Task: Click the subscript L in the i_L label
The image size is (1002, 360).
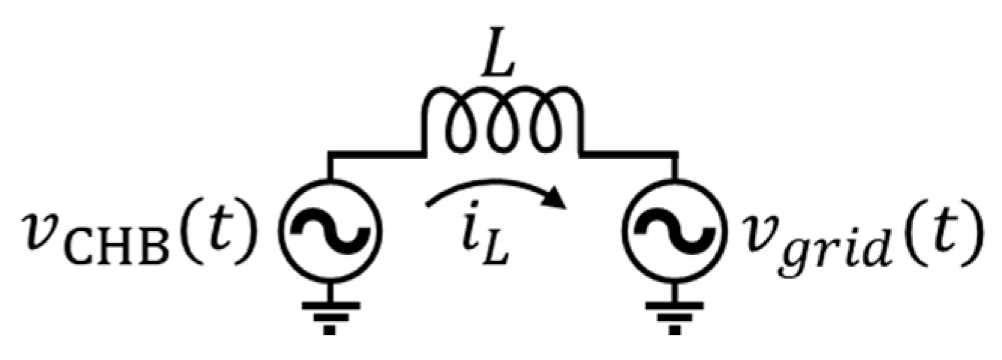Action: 502,251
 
